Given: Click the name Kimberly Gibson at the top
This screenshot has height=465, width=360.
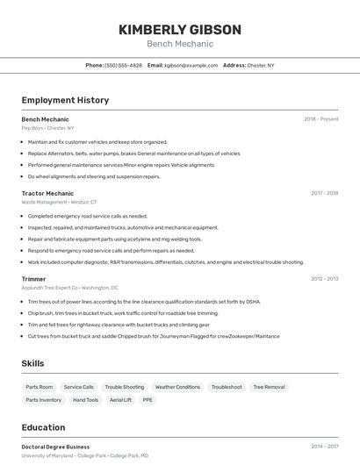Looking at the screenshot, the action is (180, 29).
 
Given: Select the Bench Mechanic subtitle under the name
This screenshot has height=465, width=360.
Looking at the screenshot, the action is (180, 44).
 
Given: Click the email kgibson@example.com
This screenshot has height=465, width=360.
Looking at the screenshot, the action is (191, 66).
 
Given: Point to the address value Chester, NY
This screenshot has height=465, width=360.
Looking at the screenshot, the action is (260, 66).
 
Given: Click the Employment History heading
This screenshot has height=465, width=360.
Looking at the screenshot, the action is (65, 100).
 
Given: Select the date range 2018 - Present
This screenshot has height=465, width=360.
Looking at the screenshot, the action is (320, 119).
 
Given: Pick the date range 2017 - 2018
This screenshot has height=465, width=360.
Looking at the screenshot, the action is (324, 193).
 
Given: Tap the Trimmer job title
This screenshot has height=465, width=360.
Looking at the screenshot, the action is (33, 279).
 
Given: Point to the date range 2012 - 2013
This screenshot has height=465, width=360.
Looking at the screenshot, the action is (324, 279).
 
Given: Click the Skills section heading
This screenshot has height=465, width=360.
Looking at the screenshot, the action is (32, 363).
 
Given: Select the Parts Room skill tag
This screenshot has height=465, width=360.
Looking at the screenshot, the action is (40, 387).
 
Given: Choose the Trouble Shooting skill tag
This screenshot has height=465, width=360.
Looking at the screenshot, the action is (125, 387).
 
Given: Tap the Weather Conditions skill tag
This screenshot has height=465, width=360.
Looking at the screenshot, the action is (177, 387).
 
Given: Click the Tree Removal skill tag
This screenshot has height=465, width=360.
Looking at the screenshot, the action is (269, 387).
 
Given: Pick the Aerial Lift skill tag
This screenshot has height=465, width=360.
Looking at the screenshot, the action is (120, 400).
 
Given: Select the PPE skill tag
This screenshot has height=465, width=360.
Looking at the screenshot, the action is (148, 400).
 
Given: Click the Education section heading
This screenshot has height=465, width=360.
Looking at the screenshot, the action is (43, 427).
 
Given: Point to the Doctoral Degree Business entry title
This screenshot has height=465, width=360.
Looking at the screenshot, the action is (55, 447).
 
